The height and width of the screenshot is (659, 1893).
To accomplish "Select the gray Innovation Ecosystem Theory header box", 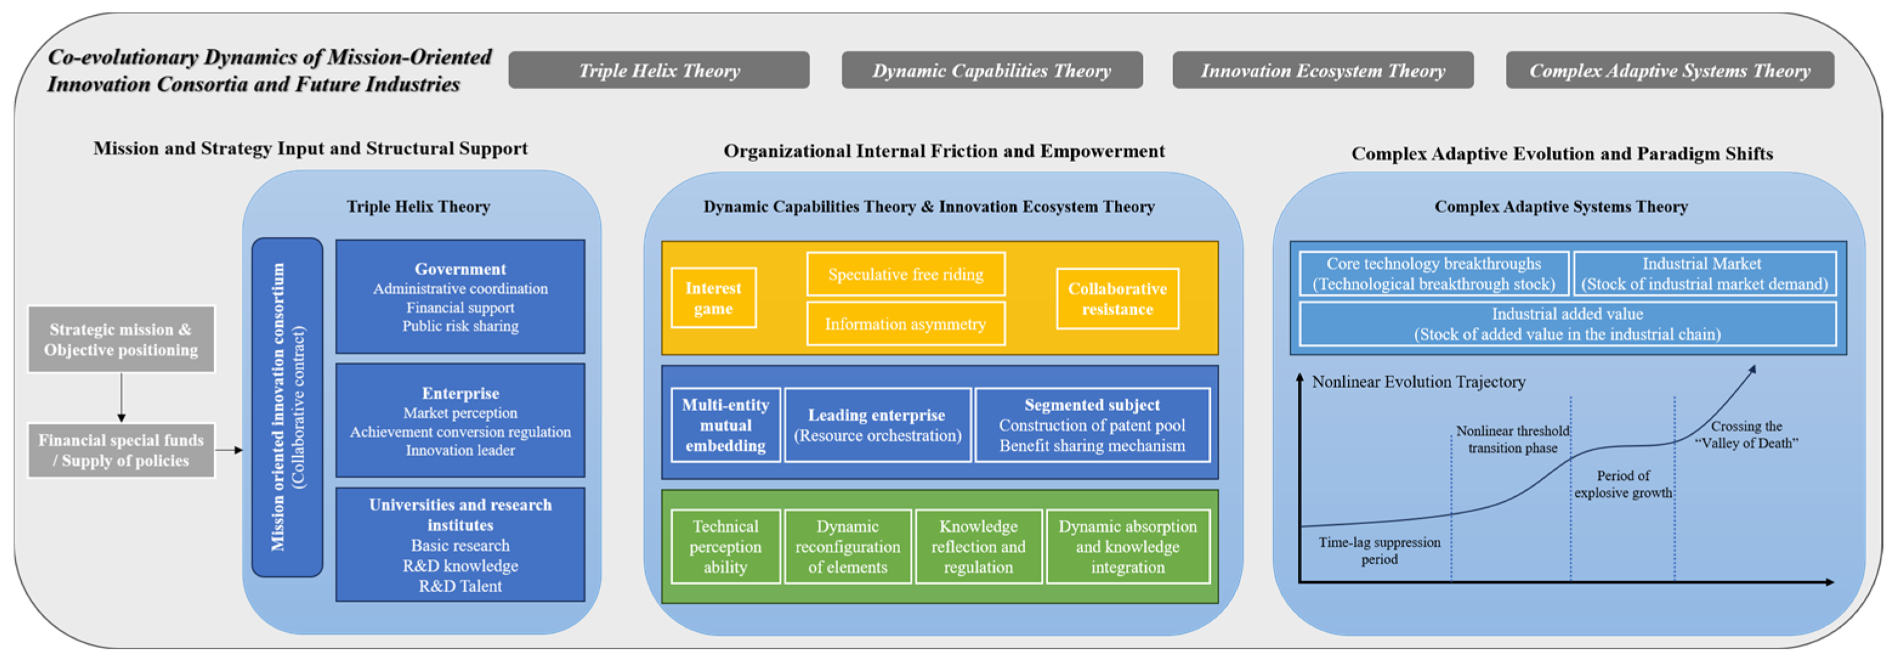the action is tap(1322, 70).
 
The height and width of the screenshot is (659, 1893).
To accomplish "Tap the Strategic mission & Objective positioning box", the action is tap(121, 339).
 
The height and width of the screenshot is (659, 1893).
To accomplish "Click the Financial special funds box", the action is tap(121, 450).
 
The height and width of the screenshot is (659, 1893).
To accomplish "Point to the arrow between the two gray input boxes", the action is tap(121, 398).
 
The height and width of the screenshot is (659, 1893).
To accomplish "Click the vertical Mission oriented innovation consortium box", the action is tap(287, 407).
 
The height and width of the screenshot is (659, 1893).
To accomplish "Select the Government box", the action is tap(460, 296).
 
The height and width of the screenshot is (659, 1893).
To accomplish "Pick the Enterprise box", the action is tap(460, 420).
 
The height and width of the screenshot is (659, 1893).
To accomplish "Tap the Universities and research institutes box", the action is tap(460, 544).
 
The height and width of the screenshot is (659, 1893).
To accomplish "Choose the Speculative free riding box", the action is tap(906, 275).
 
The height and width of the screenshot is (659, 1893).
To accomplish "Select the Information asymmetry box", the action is tap(906, 324).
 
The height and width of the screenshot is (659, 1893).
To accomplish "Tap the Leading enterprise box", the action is tap(878, 425).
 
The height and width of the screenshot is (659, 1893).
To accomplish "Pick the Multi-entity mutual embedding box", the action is tap(725, 425).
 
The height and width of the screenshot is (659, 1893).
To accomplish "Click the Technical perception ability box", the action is tap(725, 547).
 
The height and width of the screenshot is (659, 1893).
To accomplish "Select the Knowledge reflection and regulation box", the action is tap(978, 547).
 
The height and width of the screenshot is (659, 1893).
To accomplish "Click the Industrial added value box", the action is tap(1568, 324).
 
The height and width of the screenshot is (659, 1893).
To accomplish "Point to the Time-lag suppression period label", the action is tap(1380, 550).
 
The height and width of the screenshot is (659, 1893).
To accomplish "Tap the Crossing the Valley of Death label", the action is tap(1746, 434).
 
